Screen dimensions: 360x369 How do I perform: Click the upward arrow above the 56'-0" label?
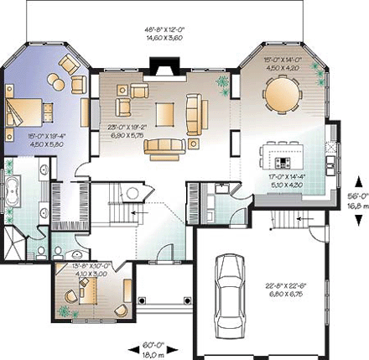(358, 180)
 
